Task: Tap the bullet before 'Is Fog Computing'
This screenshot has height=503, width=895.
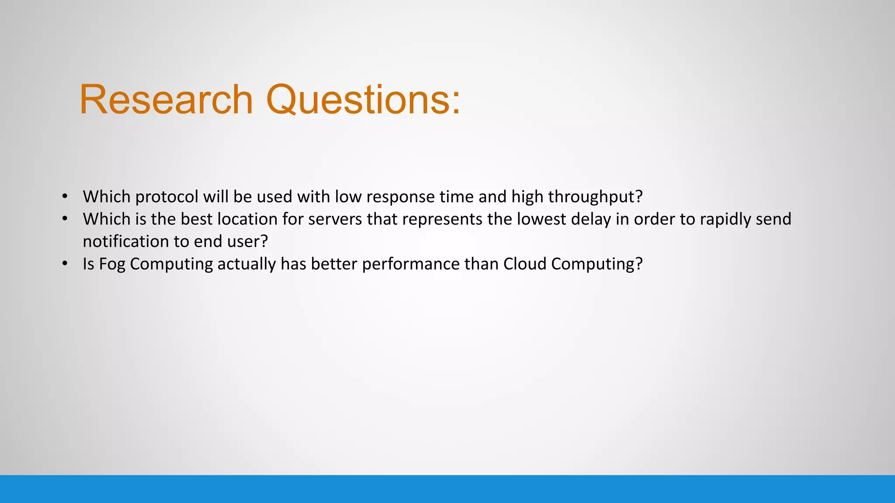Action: point(65,263)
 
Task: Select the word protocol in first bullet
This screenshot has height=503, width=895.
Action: point(167,197)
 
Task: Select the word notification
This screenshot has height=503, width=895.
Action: point(126,241)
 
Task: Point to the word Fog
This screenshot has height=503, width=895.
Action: point(112,264)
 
